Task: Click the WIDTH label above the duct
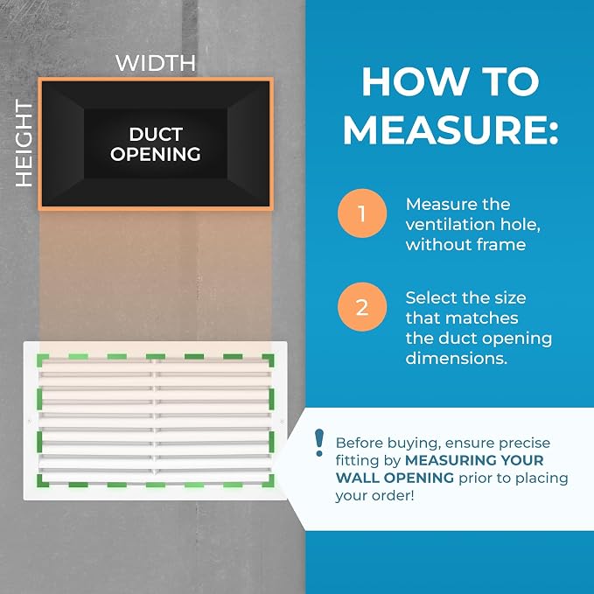156,63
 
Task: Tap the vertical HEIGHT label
24,143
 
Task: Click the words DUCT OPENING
156,144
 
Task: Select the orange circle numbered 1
362,213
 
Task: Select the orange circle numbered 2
362,307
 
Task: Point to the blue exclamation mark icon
319,443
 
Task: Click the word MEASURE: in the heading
451,129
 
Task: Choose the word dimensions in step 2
457,358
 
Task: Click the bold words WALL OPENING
395,478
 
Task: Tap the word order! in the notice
396,495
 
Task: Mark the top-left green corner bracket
42,359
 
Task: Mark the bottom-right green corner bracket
269,482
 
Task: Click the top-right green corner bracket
269,359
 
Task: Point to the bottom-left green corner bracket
42,482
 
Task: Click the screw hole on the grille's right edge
282,421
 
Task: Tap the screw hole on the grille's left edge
30,421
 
